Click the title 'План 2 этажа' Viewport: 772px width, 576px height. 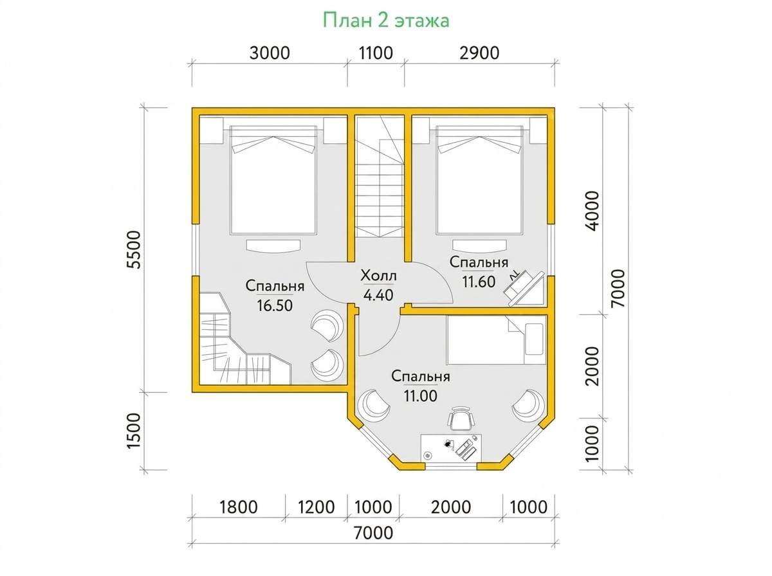pyautogui.click(x=386, y=21)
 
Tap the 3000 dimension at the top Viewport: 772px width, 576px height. pyautogui.click(x=270, y=53)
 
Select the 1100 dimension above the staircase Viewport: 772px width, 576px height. pyautogui.click(x=376, y=53)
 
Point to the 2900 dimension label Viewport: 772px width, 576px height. pyautogui.click(x=479, y=53)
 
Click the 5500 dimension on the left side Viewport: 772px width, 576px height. pyautogui.click(x=134, y=250)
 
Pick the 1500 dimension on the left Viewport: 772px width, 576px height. pyautogui.click(x=134, y=431)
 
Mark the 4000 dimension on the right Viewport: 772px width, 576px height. pyautogui.click(x=593, y=211)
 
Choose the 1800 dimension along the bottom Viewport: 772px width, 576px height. pyautogui.click(x=239, y=507)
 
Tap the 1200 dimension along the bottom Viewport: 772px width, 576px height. pyautogui.click(x=316, y=507)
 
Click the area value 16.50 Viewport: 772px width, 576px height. pyautogui.click(x=275, y=306)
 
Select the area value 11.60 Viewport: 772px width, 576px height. pyautogui.click(x=479, y=282)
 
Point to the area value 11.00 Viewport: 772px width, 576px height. pyautogui.click(x=420, y=396)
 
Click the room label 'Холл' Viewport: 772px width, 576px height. pyautogui.click(x=378, y=276)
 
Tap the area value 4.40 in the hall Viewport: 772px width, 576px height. pyautogui.click(x=378, y=295)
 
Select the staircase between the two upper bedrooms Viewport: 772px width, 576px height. pyautogui.click(x=379, y=177)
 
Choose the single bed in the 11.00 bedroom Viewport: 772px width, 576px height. pyautogui.click(x=496, y=340)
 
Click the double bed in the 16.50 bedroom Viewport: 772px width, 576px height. pyautogui.click(x=273, y=180)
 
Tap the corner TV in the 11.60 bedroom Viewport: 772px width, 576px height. pyautogui.click(x=523, y=288)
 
